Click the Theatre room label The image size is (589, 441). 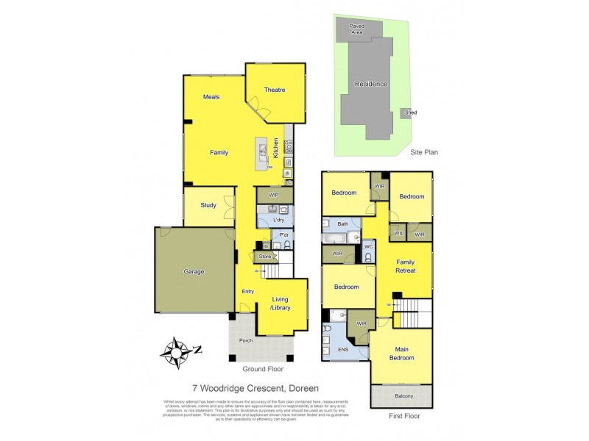click(274, 90)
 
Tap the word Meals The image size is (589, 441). click(211, 97)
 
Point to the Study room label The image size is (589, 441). click(208, 206)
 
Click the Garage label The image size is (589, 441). click(194, 272)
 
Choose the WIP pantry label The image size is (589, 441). click(275, 196)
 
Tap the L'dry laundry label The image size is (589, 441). click(278, 220)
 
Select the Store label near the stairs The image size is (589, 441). click(265, 256)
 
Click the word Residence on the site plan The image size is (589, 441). click(370, 84)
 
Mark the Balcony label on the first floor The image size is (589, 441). click(402, 397)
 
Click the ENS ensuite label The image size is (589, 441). click(344, 350)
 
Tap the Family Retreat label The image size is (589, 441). click(406, 266)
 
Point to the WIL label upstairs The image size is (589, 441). click(398, 234)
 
